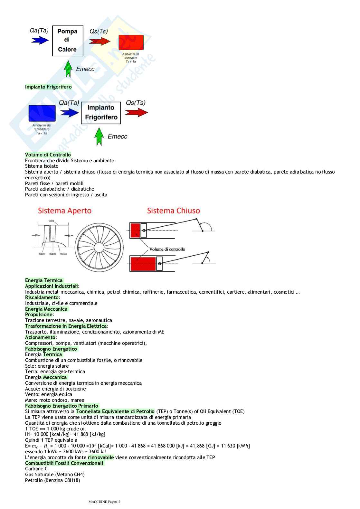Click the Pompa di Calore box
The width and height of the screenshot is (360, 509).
click(68, 41)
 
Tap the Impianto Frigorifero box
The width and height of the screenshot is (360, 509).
click(101, 113)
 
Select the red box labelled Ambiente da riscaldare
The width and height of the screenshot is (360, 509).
click(131, 42)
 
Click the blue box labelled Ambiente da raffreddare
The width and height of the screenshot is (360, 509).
click(42, 113)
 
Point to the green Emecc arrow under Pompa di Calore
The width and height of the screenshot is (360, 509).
click(68, 69)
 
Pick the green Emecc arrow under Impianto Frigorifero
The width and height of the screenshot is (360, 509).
click(99, 137)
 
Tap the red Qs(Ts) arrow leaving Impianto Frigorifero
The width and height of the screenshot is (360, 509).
click(136, 112)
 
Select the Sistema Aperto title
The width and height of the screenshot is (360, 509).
click(65, 211)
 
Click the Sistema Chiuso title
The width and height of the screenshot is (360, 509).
click(173, 211)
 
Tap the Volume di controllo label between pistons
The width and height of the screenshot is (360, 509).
click(167, 249)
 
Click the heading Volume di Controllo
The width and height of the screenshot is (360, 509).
click(48, 155)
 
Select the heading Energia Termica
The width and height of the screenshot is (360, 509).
click(44, 280)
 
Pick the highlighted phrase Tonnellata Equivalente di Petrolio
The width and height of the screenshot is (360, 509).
click(115, 411)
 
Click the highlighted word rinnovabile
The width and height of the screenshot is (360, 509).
click(101, 457)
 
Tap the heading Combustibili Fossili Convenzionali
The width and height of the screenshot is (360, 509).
click(64, 463)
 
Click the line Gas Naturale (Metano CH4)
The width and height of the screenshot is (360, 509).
click(55, 475)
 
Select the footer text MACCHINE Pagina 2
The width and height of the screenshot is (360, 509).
click(104, 502)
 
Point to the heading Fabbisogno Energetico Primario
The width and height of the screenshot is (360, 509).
click(62, 406)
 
